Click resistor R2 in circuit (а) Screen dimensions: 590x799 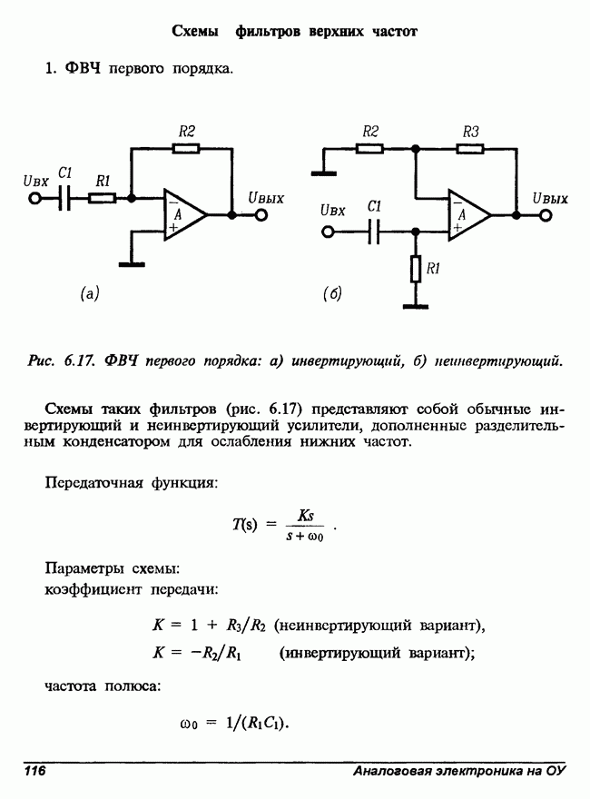click(186, 149)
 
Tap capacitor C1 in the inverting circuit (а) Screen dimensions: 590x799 click(64, 198)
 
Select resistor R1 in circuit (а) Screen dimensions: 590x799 click(103, 198)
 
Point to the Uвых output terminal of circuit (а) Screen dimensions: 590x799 click(261, 215)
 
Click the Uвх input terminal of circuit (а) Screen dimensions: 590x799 click(34, 198)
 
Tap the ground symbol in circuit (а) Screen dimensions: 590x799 click(132, 264)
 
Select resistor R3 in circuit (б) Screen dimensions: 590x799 click(470, 149)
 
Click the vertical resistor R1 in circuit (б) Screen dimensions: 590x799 click(416, 270)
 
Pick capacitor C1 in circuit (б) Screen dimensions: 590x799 click(374, 232)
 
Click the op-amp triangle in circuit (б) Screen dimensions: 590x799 click(469, 215)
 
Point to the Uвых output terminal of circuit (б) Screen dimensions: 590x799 click(546, 215)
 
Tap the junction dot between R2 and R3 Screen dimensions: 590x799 click(416, 149)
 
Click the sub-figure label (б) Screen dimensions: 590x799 click(332, 293)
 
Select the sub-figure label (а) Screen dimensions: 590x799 click(90, 293)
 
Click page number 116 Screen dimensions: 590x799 click(34, 770)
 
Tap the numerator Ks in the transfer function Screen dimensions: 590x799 click(305, 516)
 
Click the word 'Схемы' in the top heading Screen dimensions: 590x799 click(195, 32)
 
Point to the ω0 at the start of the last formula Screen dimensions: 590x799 click(189, 724)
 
